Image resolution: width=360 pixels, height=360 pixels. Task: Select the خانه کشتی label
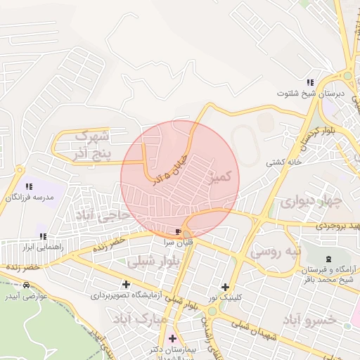click(285, 162)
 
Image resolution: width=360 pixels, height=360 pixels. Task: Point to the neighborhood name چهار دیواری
click(311, 202)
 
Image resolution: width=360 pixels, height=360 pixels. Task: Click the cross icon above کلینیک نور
click(226, 287)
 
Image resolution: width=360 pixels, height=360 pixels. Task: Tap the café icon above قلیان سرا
click(179, 231)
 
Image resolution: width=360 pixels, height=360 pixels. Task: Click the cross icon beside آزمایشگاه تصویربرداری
click(126, 285)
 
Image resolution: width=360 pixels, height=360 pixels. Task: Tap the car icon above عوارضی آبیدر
click(26, 285)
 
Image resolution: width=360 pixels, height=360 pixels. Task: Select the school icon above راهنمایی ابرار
click(43, 237)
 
